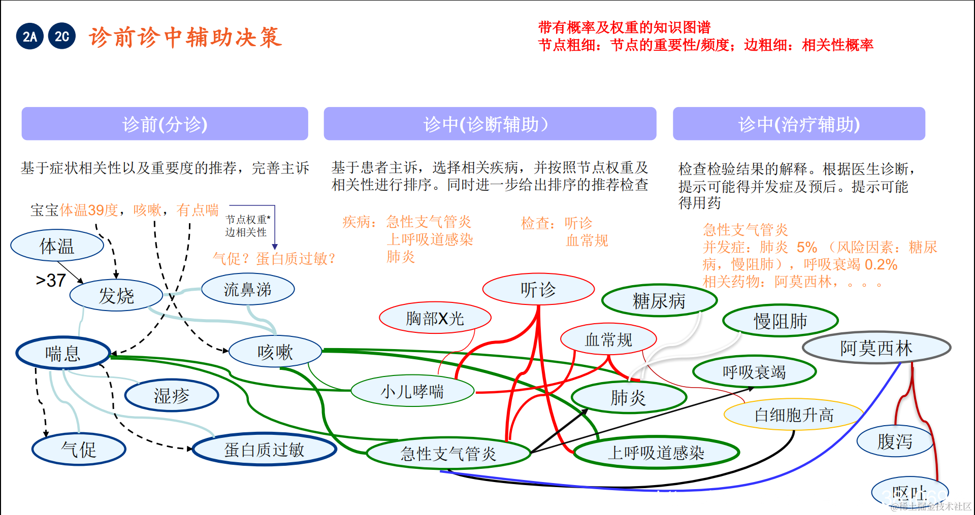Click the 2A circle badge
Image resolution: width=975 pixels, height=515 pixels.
click(x=30, y=37)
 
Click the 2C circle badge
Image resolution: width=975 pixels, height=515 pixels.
click(x=62, y=37)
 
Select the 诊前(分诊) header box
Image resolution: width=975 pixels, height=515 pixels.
click(x=165, y=124)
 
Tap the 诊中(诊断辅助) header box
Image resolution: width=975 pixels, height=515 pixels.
click(x=490, y=124)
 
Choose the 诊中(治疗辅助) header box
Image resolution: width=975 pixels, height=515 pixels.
click(x=798, y=124)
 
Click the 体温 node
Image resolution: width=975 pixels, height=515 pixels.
click(x=57, y=246)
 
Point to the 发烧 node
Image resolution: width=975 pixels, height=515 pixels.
click(x=116, y=295)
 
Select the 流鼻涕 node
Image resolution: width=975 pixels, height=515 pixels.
click(x=248, y=290)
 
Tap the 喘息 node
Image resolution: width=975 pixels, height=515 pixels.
click(x=63, y=354)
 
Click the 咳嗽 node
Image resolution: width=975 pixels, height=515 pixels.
click(x=275, y=352)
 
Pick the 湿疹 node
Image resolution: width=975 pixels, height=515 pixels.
click(x=172, y=396)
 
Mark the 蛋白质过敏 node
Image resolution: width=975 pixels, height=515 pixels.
click(x=264, y=450)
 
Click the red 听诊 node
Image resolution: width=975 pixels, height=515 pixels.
click(x=538, y=290)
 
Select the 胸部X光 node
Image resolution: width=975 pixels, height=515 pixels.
click(x=435, y=319)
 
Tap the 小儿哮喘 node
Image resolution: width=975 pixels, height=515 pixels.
click(x=412, y=391)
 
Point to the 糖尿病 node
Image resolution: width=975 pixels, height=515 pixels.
click(x=659, y=301)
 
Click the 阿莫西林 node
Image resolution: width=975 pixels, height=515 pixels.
click(x=876, y=348)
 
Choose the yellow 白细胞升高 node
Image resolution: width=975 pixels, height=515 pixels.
click(x=794, y=415)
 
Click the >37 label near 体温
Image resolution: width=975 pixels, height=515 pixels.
click(x=51, y=280)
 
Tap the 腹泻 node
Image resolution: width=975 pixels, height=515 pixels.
click(x=895, y=441)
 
